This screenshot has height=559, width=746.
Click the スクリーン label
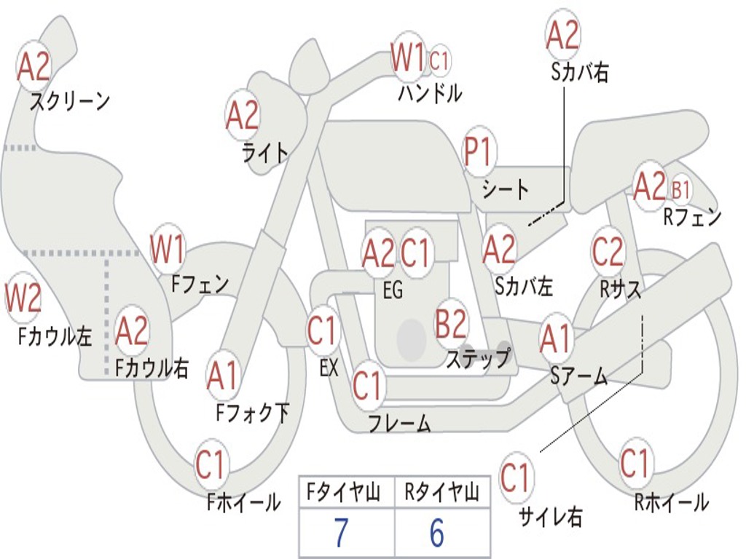(x=70, y=101)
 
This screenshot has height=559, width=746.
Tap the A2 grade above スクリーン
(x=34, y=67)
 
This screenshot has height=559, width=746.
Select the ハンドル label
(x=430, y=92)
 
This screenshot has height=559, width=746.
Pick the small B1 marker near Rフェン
(x=680, y=191)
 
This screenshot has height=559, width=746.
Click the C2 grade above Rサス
(x=608, y=252)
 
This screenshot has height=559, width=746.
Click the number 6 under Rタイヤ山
(x=436, y=534)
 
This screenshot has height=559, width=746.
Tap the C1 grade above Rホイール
(x=635, y=464)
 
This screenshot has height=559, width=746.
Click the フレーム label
(x=399, y=423)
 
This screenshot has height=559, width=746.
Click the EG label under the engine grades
(x=393, y=290)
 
